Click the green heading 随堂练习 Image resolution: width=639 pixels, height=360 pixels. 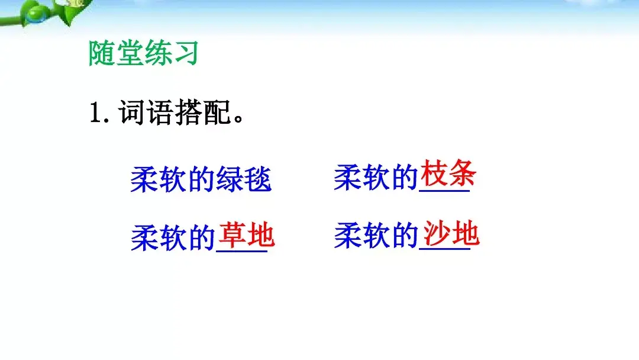click(143, 54)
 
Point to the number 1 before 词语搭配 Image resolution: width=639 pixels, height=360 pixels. click(96, 112)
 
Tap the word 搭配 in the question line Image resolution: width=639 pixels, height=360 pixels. click(202, 112)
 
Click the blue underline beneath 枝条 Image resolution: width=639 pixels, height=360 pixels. click(444, 191)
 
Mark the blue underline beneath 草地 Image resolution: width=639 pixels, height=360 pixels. click(241, 253)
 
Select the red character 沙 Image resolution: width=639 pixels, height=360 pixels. click(436, 234)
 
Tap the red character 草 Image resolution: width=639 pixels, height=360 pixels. click(232, 236)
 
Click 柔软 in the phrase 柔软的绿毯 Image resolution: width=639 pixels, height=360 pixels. click(158, 179)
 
